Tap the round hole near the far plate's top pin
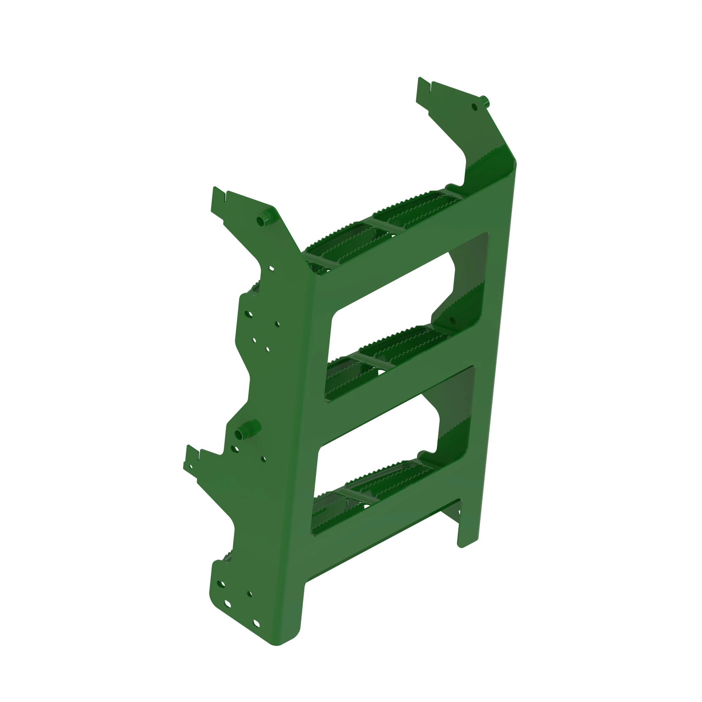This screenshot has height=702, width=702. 474,107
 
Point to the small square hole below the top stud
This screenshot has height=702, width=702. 271,269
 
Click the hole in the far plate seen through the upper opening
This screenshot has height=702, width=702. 452,320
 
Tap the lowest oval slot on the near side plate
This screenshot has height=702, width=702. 256,623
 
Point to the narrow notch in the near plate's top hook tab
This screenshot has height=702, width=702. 226,197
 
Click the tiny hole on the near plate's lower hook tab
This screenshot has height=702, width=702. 191,466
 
